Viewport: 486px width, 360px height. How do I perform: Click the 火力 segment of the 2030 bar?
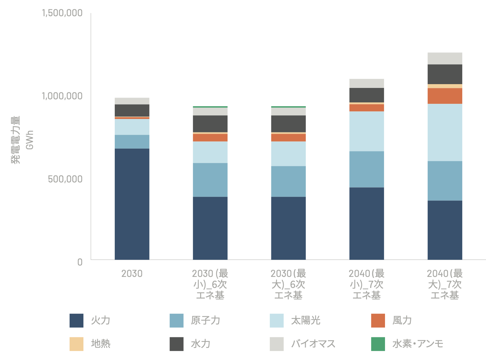point(132,204)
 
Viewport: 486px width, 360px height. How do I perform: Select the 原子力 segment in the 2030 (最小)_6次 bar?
point(210,180)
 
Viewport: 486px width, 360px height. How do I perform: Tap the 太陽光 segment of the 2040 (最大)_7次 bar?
point(445,132)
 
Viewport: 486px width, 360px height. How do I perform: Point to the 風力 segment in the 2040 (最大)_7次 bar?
point(445,96)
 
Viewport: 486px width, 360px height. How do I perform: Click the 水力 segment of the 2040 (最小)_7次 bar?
point(366,95)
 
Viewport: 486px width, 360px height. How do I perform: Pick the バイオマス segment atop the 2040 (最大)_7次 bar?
point(445,58)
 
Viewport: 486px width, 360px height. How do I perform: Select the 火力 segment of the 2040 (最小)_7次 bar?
point(366,223)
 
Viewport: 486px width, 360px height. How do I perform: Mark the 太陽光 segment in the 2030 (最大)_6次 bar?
point(288,154)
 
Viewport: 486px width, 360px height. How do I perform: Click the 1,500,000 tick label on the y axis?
point(62,13)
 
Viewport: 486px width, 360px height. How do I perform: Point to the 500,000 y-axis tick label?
point(65,179)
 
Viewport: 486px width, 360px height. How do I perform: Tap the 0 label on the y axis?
point(80,262)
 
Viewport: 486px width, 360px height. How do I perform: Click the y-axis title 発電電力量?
point(16,140)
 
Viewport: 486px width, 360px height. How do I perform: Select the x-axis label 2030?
point(132,274)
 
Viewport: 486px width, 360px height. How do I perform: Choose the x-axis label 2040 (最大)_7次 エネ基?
point(445,284)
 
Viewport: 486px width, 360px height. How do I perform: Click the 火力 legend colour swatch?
point(77,320)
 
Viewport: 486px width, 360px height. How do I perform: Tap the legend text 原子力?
point(205,320)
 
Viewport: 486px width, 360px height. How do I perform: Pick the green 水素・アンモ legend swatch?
point(378,344)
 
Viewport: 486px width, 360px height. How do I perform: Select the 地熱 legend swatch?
point(77,344)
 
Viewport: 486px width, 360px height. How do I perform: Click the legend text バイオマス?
point(313,344)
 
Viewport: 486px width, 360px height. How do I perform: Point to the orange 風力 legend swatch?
point(378,320)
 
